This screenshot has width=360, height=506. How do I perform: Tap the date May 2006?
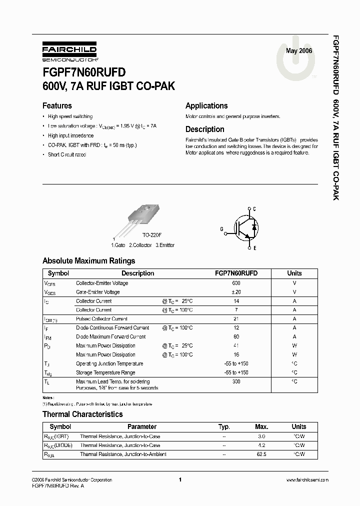coord(298,51)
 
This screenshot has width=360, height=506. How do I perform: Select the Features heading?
coord(57,106)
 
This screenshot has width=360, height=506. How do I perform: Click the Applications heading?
coord(206,106)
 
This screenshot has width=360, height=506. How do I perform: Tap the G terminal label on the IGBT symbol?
coord(221,229)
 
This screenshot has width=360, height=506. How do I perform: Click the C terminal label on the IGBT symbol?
coord(254,208)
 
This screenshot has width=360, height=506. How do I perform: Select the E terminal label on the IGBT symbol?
coord(254,248)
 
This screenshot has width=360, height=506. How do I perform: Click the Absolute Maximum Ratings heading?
coord(88,261)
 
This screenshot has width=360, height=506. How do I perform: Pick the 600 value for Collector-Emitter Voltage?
coord(236,283)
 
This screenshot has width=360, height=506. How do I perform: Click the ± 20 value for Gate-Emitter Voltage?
coord(236,292)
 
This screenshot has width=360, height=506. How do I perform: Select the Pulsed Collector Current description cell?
coord(101,319)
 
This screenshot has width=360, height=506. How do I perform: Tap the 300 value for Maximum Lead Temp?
coord(236,381)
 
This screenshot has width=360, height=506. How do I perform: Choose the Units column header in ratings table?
coord(294,273)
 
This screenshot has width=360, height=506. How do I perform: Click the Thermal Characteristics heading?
coord(82,414)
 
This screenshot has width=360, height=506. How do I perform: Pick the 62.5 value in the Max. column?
coord(261,454)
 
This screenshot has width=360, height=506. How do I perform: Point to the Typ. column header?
coord(224,427)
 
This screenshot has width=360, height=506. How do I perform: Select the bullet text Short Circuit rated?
coord(67,155)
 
